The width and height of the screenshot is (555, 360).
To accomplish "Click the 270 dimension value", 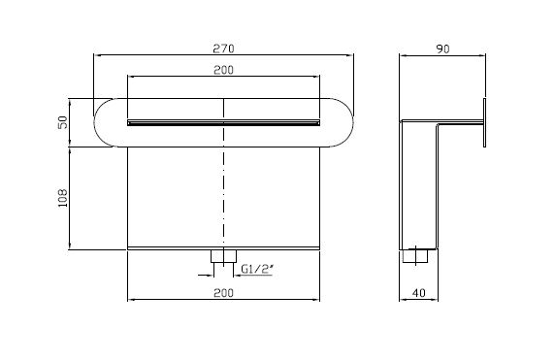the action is pyautogui.click(x=223, y=49).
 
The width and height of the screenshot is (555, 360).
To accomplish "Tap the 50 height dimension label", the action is pyautogui.click(x=63, y=122).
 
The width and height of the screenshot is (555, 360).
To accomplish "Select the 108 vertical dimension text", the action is pyautogui.click(x=63, y=198).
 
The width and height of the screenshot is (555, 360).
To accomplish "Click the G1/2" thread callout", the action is pyautogui.click(x=257, y=269).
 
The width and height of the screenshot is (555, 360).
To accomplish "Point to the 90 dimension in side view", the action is pyautogui.click(x=442, y=49).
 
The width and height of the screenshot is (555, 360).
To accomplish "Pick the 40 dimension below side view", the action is pyautogui.click(x=419, y=293).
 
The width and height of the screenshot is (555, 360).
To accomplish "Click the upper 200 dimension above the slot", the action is pyautogui.click(x=223, y=70).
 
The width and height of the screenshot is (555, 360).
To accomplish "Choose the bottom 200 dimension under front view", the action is pyautogui.click(x=223, y=293).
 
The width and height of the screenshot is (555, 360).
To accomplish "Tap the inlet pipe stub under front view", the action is pyautogui.click(x=224, y=256).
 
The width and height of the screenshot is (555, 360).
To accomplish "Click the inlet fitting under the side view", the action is pyautogui.click(x=415, y=256).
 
